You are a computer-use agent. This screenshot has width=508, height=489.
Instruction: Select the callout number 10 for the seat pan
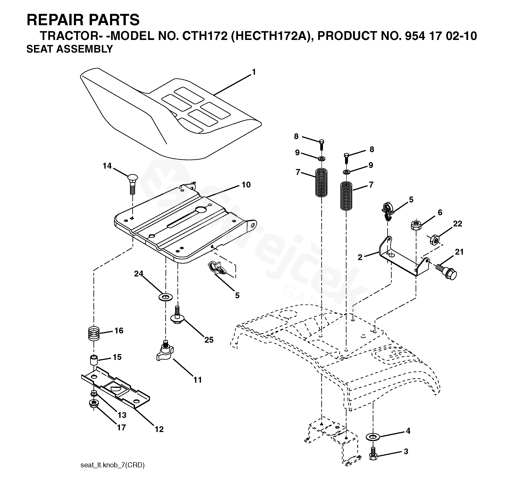(246, 185)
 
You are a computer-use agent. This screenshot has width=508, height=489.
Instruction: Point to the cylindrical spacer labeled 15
(94, 361)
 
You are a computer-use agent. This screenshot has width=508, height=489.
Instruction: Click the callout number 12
(159, 429)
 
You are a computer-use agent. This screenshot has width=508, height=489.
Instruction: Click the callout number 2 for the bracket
(360, 257)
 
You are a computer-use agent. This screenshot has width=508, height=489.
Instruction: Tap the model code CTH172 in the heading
(205, 36)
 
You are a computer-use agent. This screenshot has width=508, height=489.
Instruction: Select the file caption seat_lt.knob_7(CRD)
(113, 465)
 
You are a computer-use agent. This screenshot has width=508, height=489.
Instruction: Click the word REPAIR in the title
(57, 20)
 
